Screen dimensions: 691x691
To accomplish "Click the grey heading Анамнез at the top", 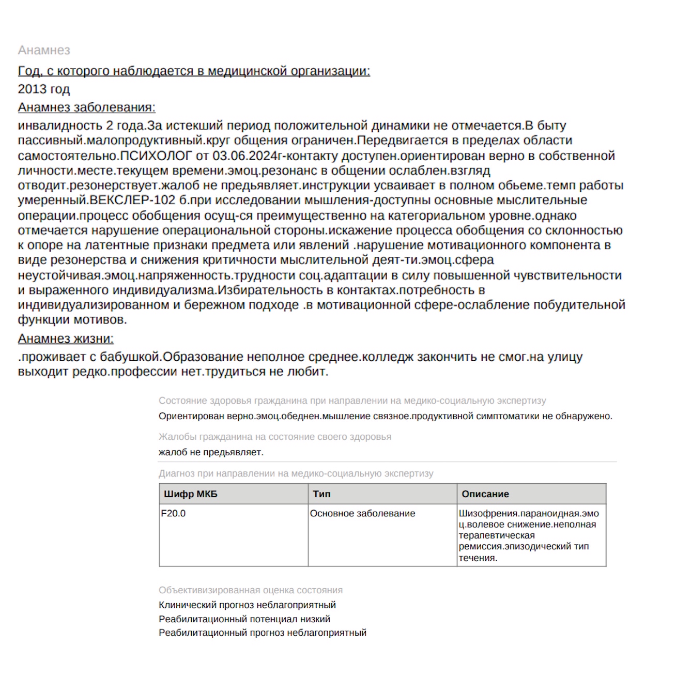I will coord(44,50).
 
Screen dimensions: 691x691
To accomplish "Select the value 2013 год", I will coord(44,89).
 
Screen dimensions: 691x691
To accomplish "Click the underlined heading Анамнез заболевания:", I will coord(86,108).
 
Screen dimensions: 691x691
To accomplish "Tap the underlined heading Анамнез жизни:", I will coord(66,339).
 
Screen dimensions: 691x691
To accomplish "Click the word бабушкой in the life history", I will coord(129,357).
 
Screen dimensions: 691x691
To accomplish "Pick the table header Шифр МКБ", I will coord(191,494).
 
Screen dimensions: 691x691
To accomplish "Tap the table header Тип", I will coord(321,494).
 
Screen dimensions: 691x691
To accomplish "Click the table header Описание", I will coord(485,494).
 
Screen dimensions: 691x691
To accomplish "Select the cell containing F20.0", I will coord(173,514).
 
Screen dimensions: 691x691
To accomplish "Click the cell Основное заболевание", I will coord(362,514).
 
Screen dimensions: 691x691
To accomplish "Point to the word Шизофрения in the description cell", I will coord(487,514).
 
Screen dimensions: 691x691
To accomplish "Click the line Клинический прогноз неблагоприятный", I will coord(247,605).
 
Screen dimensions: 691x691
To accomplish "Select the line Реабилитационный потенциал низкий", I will coord(244,619).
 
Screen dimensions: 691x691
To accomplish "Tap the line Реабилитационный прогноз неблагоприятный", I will coord(262,633).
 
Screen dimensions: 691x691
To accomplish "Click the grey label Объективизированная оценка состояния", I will coord(251,590).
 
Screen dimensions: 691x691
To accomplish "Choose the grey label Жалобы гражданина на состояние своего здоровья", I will coord(275,437).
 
